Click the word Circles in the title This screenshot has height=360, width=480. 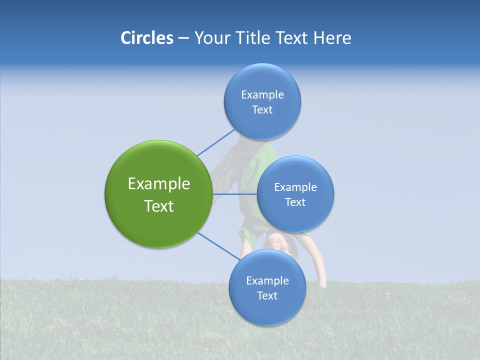pos(146,38)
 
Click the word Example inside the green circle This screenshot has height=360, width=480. pos(159,184)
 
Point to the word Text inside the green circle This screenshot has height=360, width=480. pos(159,206)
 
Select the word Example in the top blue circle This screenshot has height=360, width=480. pos(262,94)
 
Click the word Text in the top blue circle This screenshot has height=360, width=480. pos(262,110)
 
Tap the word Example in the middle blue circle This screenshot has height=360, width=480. pos(295,187)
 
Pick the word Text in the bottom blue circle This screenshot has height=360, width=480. pos(267,295)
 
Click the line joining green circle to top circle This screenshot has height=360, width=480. pos(216,142)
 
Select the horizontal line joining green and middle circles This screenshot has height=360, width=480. pos(235,194)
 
